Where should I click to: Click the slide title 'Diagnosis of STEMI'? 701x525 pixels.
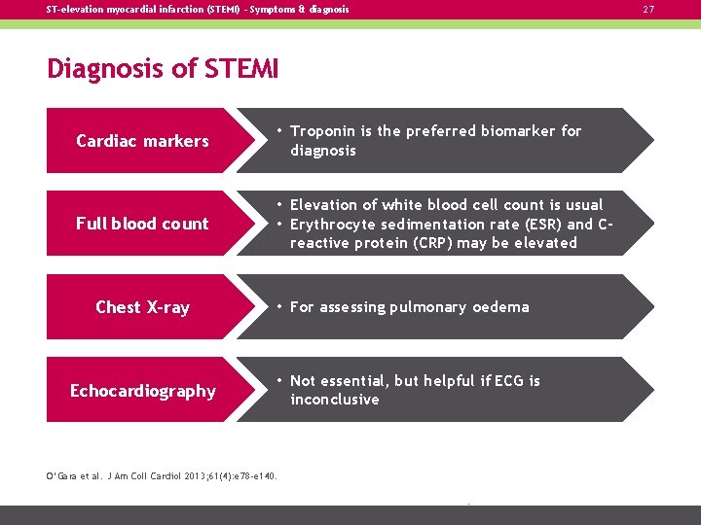point(163,70)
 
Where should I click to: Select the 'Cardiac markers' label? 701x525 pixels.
point(142,141)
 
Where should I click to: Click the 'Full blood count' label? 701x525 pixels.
point(142,224)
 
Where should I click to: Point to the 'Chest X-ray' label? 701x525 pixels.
point(142,307)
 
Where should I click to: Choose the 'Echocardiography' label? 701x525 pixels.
point(142,391)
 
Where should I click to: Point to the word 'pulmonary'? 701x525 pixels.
point(428,307)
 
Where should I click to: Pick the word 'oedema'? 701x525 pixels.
point(500,307)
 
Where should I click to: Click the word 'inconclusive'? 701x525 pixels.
point(334,400)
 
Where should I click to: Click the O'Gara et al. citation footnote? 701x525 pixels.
point(163,475)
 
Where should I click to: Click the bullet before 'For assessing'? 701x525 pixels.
point(278,306)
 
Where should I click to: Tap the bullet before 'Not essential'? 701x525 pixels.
point(278,380)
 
